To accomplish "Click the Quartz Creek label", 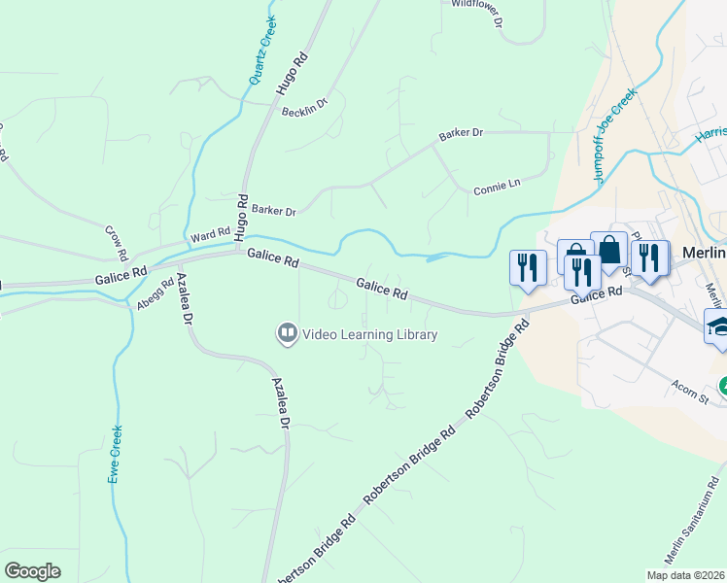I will (262, 51).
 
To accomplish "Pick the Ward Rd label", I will (210, 235).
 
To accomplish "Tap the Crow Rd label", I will (117, 243).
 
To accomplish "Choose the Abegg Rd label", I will (155, 293).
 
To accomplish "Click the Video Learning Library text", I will (370, 334).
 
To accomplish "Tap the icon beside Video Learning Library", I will (288, 334).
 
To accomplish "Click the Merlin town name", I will (705, 252).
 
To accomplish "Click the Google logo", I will (32, 571).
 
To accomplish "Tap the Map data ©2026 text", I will (685, 575).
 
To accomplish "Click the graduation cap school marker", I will (718, 326).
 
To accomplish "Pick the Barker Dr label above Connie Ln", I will (461, 132).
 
